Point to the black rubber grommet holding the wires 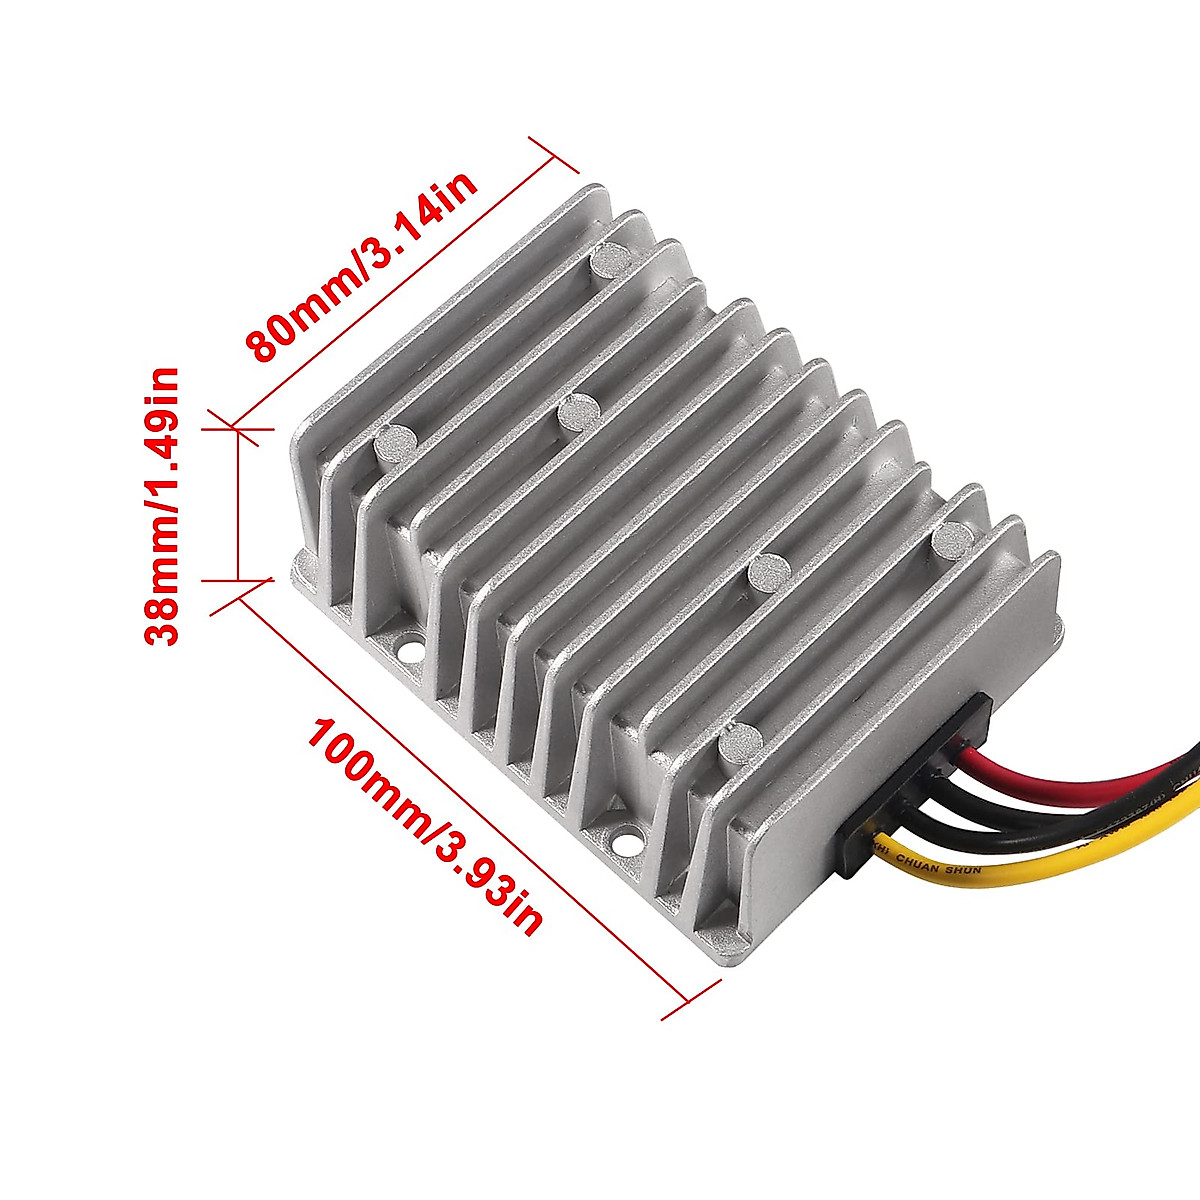[915, 790]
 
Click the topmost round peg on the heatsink [610, 261]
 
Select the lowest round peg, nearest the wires [741, 741]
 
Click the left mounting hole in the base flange [410, 648]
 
